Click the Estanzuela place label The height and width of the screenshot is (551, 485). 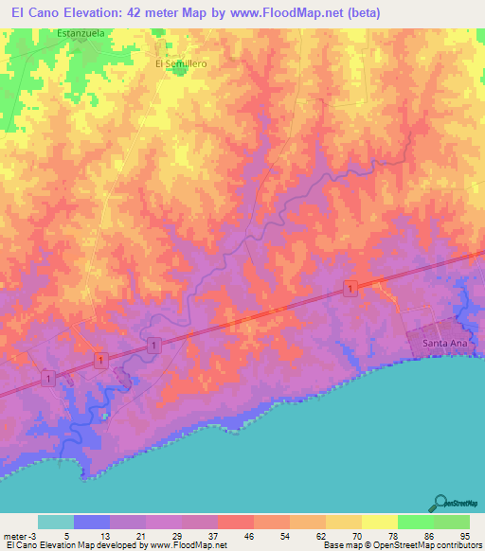[x=80, y=33]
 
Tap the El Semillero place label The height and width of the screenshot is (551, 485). [x=181, y=63]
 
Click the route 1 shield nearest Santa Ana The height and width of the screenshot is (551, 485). [x=350, y=288]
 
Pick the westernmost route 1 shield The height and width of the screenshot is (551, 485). [x=46, y=379]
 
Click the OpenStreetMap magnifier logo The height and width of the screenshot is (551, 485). [x=440, y=503]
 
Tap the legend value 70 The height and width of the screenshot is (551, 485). [x=343, y=536]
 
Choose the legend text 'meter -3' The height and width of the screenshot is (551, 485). [x=21, y=536]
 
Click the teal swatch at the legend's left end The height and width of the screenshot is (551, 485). [x=55, y=522]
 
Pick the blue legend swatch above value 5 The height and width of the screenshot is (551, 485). [x=91, y=522]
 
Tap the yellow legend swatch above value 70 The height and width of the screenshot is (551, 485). [x=342, y=522]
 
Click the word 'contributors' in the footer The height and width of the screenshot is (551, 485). [x=458, y=545]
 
